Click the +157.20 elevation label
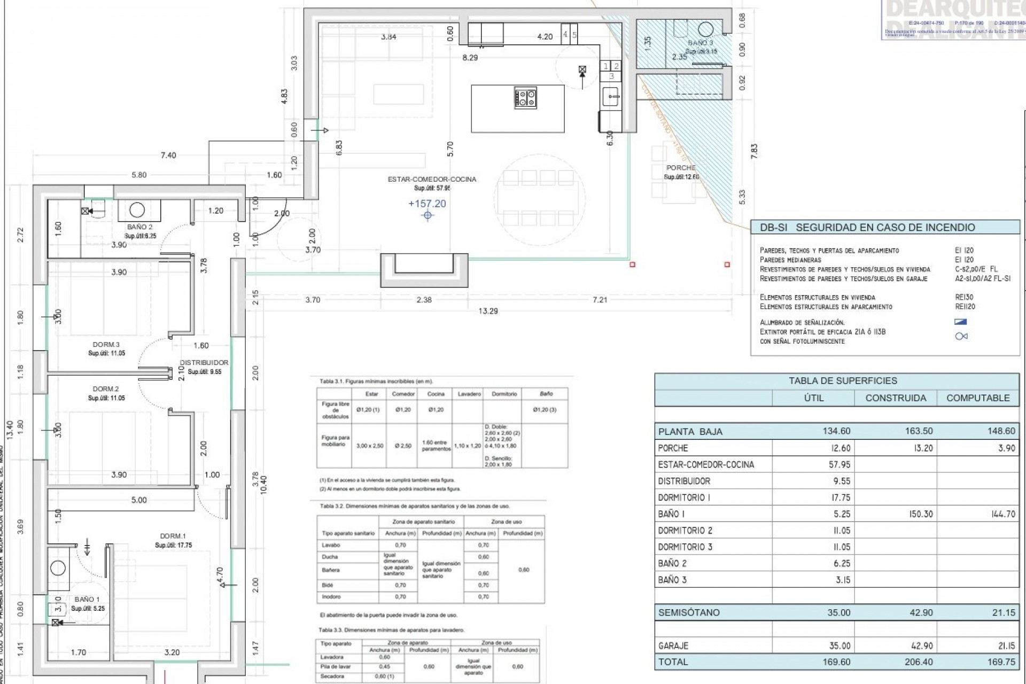426,204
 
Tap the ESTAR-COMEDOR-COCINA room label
431,180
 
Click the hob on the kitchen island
526,98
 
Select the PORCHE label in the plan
681,168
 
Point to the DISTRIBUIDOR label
204,363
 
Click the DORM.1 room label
173,536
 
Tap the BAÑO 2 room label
140,227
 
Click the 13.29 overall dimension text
488,311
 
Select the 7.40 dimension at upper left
168,156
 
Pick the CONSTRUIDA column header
896,398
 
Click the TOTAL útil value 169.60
837,662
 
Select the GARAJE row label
673,646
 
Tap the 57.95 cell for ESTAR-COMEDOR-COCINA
839,465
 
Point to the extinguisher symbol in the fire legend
961,336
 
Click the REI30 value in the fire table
964,298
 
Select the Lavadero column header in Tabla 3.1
469,394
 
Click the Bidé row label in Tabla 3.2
328,586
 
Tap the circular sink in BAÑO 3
706,29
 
